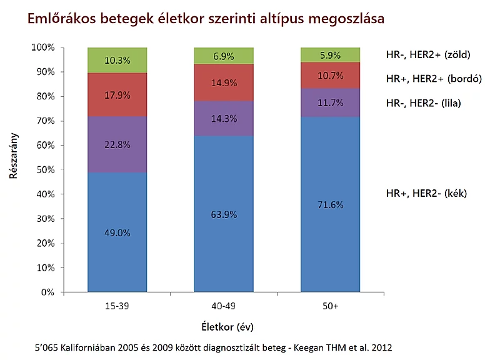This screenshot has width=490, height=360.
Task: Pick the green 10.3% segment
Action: [117, 60]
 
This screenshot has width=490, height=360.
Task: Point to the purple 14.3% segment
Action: [224, 119]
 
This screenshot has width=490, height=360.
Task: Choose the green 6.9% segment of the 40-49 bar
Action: [224, 56]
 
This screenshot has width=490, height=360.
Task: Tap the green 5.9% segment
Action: [330, 54]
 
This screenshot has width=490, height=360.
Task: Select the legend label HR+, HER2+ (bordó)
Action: [433, 79]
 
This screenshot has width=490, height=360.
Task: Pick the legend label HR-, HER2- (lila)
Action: [423, 102]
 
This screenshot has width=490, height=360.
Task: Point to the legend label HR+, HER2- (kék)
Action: [426, 194]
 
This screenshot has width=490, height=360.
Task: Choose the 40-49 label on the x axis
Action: [224, 307]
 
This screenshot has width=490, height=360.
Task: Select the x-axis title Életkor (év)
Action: [227, 327]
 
